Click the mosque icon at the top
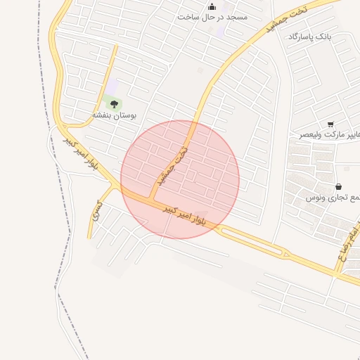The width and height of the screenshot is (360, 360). [x=212, y=6]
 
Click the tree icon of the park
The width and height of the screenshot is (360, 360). [x=114, y=103]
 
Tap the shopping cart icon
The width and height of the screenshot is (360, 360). [x=330, y=124]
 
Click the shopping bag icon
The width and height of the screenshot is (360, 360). [x=339, y=187]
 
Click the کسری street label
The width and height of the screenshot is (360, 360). [x=97, y=209]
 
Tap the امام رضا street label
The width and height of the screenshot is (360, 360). [x=349, y=243]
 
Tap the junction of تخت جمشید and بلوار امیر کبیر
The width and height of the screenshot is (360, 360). [x=153, y=199]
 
